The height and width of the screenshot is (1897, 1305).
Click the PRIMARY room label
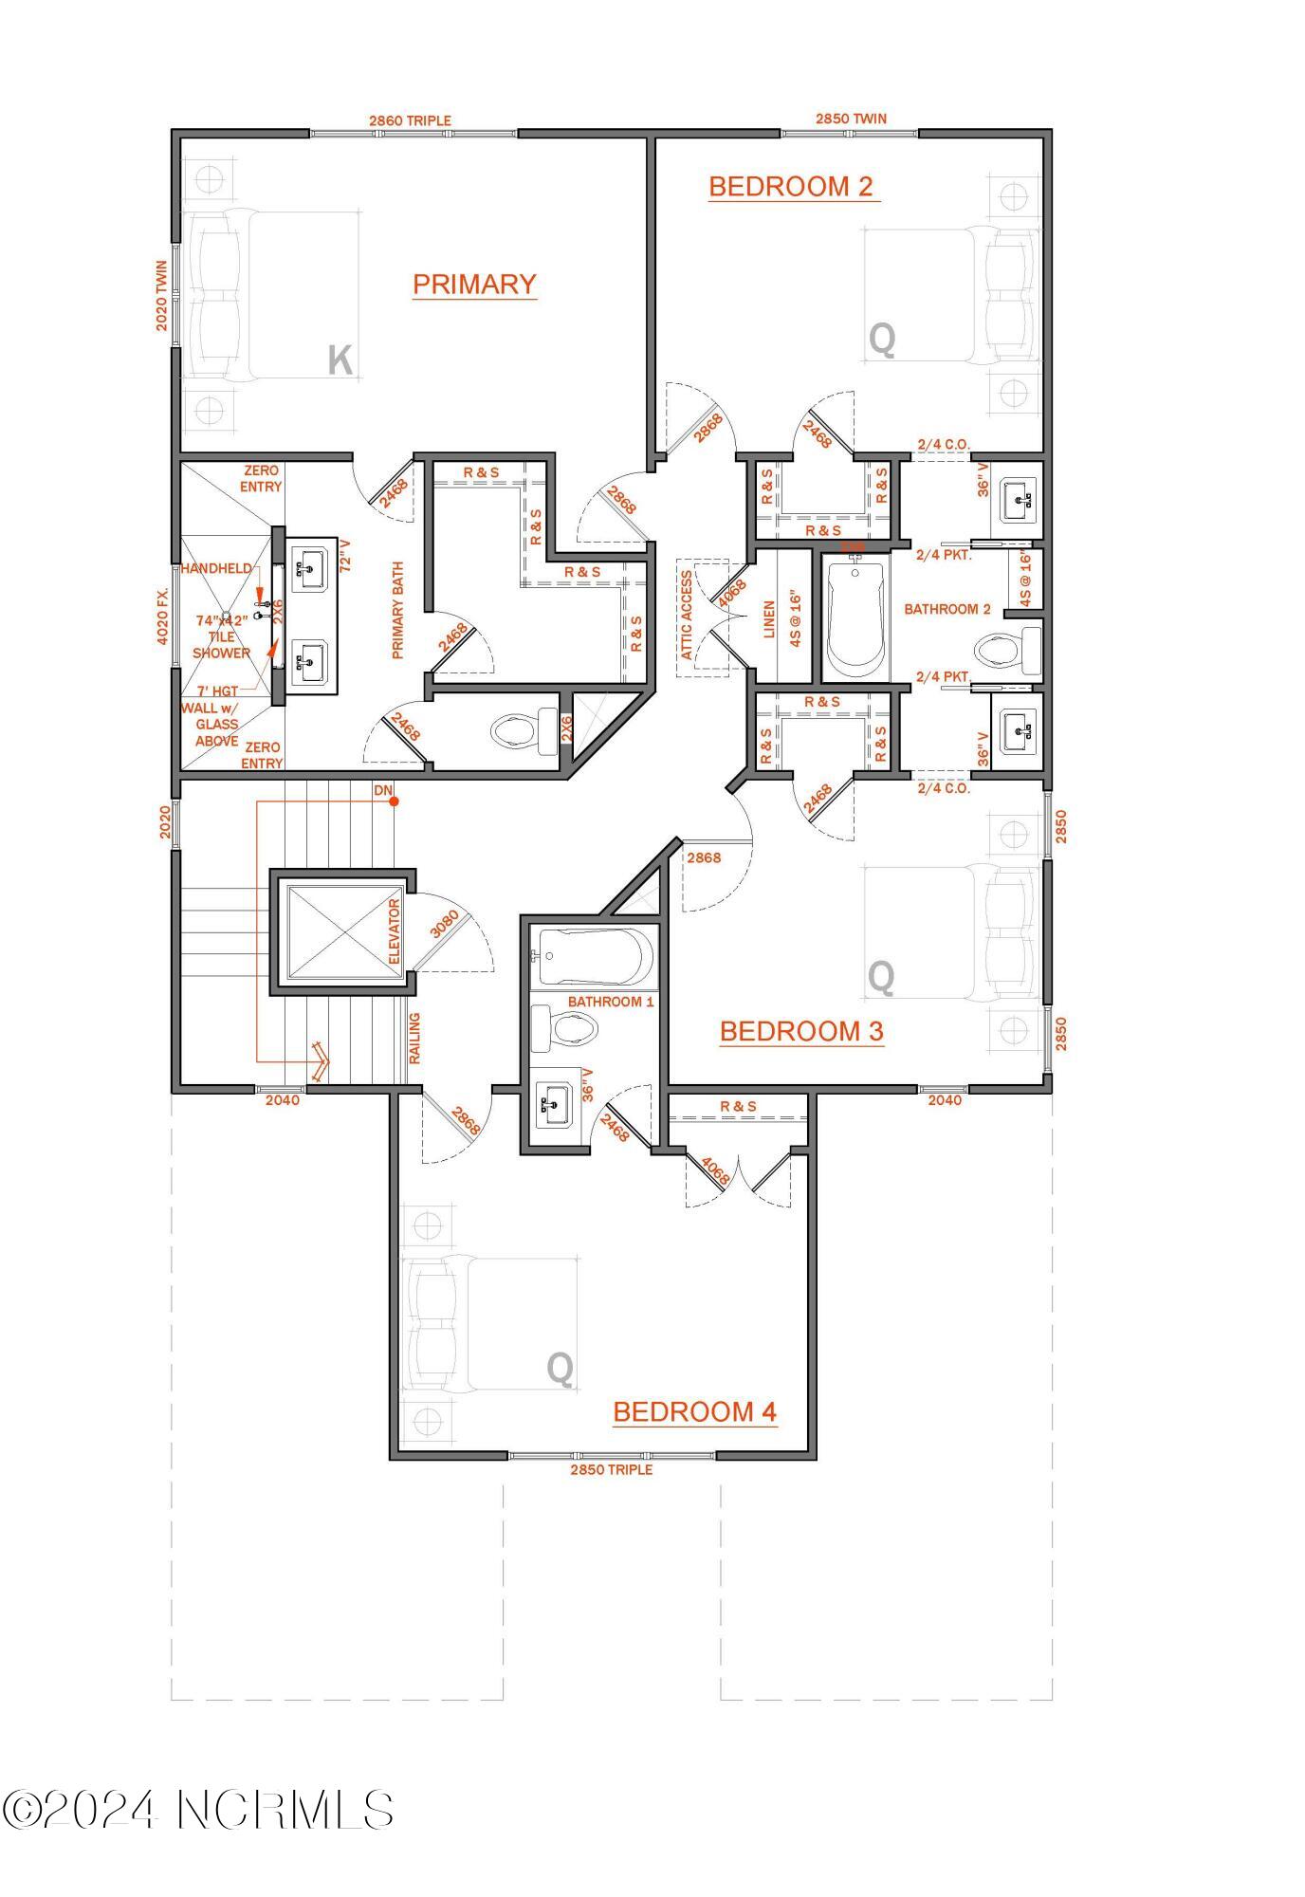(x=474, y=285)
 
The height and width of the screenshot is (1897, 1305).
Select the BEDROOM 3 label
(x=801, y=1031)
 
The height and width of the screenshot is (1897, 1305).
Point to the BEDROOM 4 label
(x=695, y=1411)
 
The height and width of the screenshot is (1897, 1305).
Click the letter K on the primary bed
(x=340, y=360)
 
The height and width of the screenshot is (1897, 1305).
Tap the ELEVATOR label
(x=395, y=931)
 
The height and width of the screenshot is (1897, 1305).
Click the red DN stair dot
(x=394, y=801)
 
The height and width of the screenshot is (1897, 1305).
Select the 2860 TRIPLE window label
(x=410, y=120)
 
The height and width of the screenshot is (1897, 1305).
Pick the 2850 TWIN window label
(x=851, y=119)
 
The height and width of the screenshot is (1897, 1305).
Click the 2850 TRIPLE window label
(x=611, y=1470)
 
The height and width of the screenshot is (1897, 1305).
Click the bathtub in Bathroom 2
(x=855, y=617)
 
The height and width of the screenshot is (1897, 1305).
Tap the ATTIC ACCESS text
(x=687, y=615)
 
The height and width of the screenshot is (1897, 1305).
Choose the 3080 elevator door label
(x=444, y=924)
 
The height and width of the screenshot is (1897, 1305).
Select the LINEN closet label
(x=769, y=619)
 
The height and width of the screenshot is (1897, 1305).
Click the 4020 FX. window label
(x=163, y=616)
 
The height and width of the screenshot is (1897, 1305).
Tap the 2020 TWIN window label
(x=162, y=296)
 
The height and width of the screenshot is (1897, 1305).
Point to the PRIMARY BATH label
(x=397, y=610)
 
